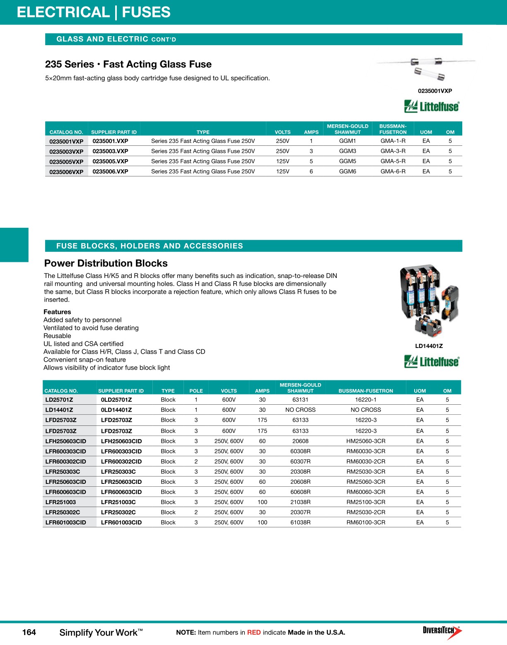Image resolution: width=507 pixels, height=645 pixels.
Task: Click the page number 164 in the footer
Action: coord(29,632)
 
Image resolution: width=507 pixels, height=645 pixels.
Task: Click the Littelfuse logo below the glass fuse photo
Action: coord(432,106)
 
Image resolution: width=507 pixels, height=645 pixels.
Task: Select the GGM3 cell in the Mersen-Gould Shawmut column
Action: coord(348,151)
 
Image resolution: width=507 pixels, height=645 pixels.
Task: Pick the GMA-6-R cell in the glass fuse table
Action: coord(393,172)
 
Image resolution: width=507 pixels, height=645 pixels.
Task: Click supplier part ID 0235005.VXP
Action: coord(110,161)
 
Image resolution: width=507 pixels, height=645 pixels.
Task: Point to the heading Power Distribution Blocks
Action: coord(106,263)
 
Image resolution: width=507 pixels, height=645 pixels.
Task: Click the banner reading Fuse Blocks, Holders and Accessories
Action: coord(150,246)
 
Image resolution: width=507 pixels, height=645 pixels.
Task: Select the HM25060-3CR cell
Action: coord(366,441)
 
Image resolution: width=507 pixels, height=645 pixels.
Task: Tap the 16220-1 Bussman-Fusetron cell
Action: coord(366,400)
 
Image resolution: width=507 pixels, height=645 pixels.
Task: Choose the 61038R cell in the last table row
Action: coord(300,522)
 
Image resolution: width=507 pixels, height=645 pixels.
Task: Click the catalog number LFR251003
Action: coord(60,502)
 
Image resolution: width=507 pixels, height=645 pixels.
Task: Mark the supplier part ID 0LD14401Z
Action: coord(116,410)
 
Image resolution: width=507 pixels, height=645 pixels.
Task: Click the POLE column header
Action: coord(196,391)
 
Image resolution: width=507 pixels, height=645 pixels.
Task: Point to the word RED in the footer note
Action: coord(254,632)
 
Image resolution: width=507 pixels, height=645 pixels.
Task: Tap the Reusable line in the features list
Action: coord(57,336)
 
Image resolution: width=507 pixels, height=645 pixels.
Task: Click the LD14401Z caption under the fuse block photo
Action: coord(429,346)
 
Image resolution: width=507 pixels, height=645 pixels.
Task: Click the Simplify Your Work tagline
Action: coord(101,633)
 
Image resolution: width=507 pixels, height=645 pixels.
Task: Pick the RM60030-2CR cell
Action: coord(366,461)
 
